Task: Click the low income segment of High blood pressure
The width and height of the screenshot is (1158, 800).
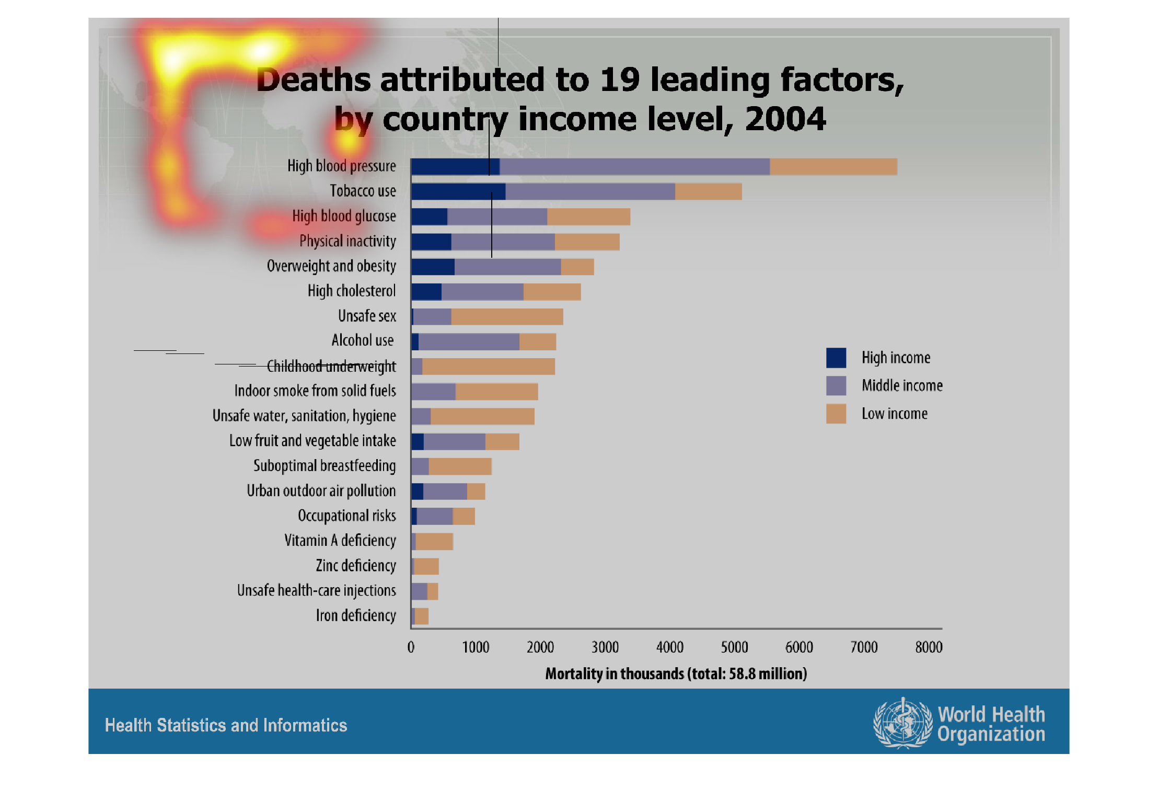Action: (833, 167)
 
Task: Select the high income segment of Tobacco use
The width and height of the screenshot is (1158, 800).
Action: (458, 191)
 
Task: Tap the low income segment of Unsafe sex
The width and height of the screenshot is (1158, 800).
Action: (507, 316)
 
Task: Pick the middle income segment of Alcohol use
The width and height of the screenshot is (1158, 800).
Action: (469, 341)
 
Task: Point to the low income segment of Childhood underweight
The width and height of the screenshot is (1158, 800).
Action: (488, 367)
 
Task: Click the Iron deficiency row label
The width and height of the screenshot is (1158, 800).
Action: (355, 615)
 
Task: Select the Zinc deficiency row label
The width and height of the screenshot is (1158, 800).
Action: (355, 565)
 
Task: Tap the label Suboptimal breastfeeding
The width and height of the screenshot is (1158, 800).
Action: (325, 465)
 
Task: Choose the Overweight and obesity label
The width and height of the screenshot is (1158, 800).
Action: (331, 266)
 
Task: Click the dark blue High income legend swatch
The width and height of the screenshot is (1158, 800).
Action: (836, 358)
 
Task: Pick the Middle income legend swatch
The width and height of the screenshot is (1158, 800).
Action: (836, 386)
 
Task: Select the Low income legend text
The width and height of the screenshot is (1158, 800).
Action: (894, 414)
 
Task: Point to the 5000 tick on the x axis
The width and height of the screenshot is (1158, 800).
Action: (734, 647)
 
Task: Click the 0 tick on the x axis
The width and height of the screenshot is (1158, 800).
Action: (411, 647)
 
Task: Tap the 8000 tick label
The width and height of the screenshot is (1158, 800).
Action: (929, 647)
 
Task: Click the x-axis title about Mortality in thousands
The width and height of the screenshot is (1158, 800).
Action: (676, 673)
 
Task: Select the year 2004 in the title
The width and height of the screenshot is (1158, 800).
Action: (785, 119)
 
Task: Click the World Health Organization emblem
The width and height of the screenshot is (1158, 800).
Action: (902, 724)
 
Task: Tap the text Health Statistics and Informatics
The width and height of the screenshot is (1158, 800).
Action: (226, 725)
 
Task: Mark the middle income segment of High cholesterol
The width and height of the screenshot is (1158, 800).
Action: (482, 292)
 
